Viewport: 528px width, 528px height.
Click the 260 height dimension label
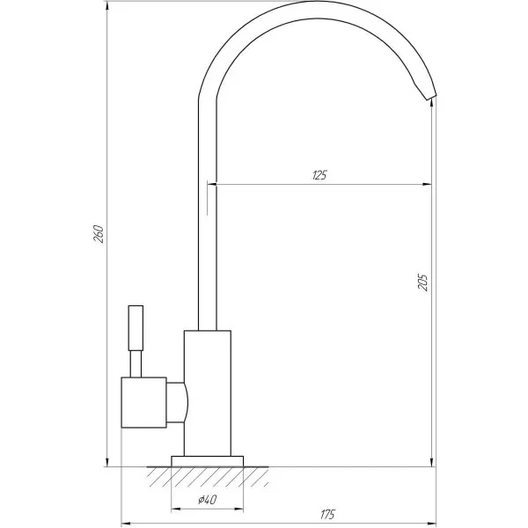click(99, 235)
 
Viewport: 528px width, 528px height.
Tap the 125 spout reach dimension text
click(319, 175)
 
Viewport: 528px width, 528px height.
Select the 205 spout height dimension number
click(423, 282)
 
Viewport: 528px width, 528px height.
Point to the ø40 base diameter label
click(209, 500)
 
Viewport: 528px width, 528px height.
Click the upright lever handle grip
click(136, 327)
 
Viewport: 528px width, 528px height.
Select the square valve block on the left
click(143, 403)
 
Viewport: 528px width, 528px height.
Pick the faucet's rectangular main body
click(207, 392)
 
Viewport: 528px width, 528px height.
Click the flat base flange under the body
click(207, 460)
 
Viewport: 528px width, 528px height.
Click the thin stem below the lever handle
click(136, 363)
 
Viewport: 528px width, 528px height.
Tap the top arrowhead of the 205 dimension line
click(432, 104)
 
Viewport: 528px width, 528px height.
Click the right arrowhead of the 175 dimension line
click(431, 522)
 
